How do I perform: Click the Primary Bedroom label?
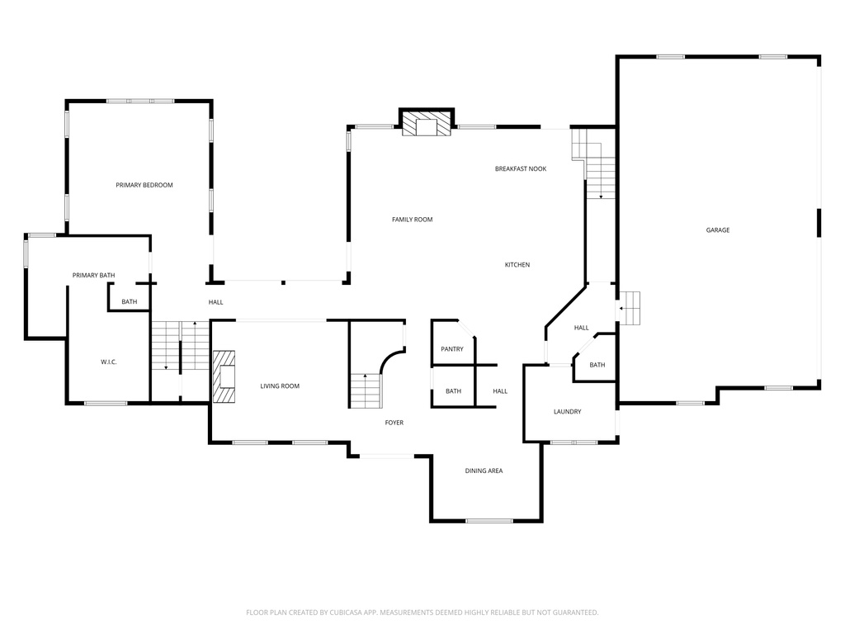[144, 185]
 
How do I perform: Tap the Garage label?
[717, 230]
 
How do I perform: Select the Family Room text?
[412, 220]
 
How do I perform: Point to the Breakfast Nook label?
[521, 168]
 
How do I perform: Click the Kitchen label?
[517, 265]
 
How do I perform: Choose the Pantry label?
[452, 349]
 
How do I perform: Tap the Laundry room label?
[568, 412]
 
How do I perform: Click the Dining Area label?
[484, 471]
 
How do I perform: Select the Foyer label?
[394, 423]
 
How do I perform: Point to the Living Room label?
[280, 386]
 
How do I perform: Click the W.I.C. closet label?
[109, 362]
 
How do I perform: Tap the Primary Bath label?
[93, 275]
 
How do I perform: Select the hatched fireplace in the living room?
[224, 376]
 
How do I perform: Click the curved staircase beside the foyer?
[368, 388]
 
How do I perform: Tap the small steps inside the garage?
[630, 309]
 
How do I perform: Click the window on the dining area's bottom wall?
[489, 521]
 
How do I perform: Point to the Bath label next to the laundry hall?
[597, 365]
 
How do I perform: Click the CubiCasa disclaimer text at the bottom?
[422, 613]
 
